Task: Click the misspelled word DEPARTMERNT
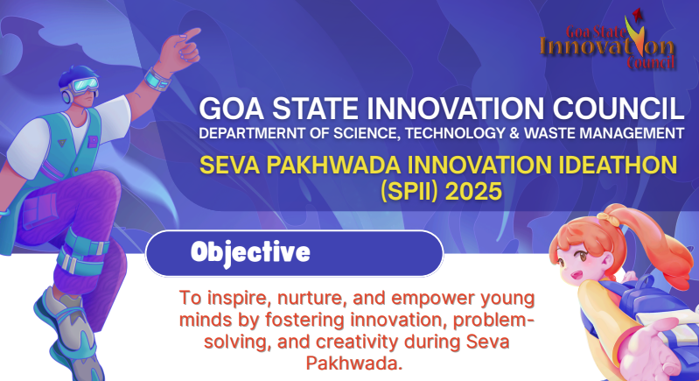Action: coord(256,134)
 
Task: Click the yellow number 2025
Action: coord(473,192)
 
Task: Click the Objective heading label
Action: coord(250,253)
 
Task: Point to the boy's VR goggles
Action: coord(82,85)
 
